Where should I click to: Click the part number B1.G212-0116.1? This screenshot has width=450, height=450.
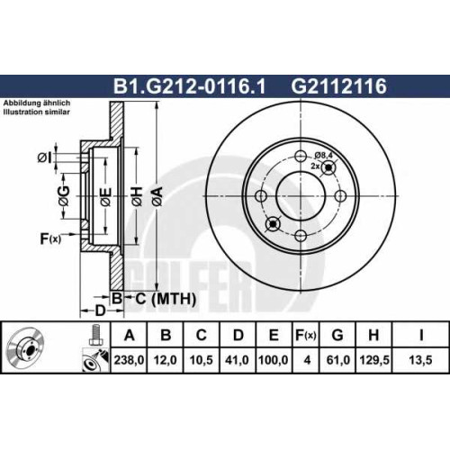pos(189,86)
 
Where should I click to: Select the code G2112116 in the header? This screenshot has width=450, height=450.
pos(339,86)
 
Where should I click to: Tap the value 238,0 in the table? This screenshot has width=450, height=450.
pos(129,360)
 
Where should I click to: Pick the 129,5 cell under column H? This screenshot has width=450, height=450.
pos(374,360)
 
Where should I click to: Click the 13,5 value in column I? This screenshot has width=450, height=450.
pos(420,360)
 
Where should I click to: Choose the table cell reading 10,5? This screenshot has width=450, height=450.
pos(201,360)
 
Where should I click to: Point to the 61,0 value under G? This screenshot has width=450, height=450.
pos(337,360)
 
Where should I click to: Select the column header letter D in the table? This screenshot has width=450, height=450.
pos(238,335)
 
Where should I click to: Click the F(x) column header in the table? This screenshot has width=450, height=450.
pos(306,335)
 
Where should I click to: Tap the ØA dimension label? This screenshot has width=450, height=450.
pos(158,196)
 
